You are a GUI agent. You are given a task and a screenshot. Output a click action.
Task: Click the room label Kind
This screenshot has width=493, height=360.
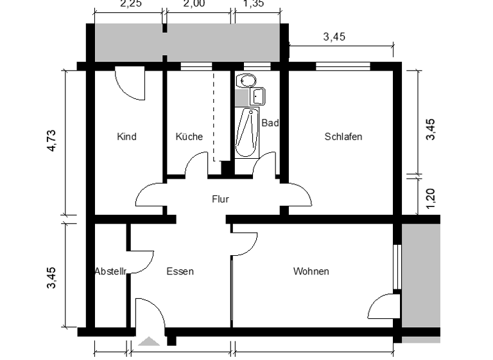pyautogui.click(x=126, y=137)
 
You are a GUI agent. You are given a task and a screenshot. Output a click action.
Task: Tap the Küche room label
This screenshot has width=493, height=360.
pyautogui.click(x=189, y=137)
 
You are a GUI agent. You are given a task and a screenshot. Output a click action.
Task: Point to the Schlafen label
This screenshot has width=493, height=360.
pyautogui.click(x=343, y=137)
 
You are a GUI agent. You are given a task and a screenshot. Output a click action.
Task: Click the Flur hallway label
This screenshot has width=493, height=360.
pyautogui.click(x=220, y=199)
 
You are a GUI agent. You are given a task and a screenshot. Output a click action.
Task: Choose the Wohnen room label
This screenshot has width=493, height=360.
pyautogui.click(x=311, y=271)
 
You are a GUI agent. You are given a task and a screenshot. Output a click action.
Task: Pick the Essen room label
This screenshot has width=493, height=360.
pyautogui.click(x=180, y=271)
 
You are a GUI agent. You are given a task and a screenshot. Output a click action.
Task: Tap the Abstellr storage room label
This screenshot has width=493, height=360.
pyautogui.click(x=110, y=271)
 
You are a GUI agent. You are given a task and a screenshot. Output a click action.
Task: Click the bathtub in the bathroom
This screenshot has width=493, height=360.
pyautogui.click(x=247, y=132)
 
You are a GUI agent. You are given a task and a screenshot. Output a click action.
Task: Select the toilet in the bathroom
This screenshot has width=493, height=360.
pyautogui.click(x=245, y=80)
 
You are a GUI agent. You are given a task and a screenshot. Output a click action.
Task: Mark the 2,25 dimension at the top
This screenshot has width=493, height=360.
pyautogui.click(x=131, y=3)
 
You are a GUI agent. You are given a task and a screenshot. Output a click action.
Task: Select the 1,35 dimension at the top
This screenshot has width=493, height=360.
pyautogui.click(x=254, y=3)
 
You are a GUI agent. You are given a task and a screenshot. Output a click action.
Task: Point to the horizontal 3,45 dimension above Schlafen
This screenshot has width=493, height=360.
pyautogui.click(x=334, y=37)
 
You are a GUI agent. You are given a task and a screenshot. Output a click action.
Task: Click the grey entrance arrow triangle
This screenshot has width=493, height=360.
pyautogui.click(x=150, y=341)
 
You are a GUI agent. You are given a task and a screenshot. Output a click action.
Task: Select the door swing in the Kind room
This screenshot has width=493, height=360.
pyautogui.click(x=132, y=85)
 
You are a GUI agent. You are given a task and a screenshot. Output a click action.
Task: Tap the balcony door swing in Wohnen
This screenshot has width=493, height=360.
pyautogui.click(x=384, y=306)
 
